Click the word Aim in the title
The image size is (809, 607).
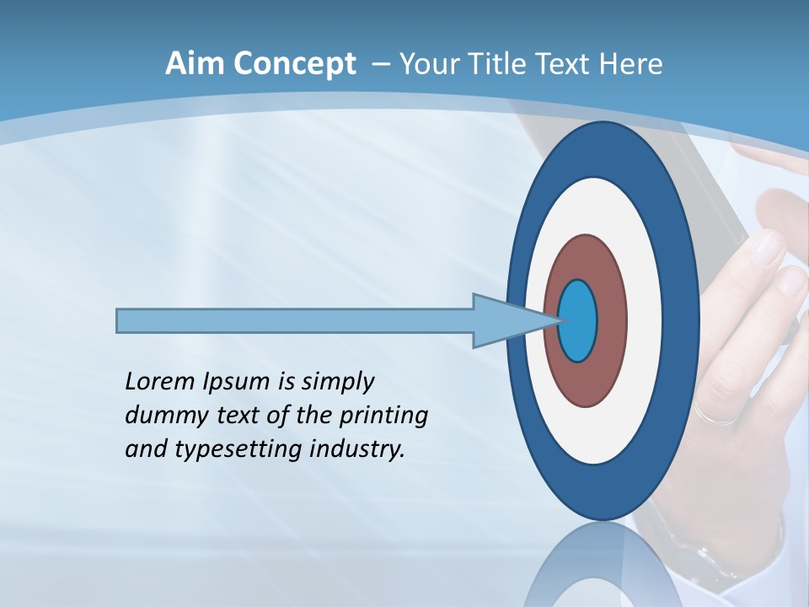(193, 64)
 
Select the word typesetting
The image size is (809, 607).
(238, 449)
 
